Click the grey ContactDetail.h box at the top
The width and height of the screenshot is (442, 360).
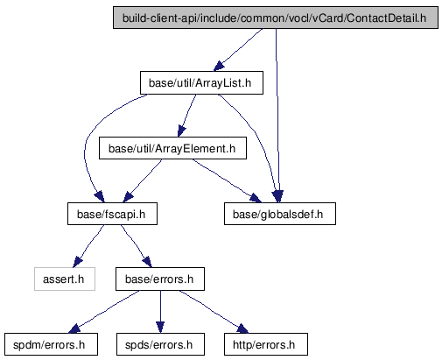pyautogui.click(x=276, y=18)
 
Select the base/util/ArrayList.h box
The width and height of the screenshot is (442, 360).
pyautogui.click(x=201, y=83)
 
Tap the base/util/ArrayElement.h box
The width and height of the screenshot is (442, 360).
pyautogui.click(x=172, y=148)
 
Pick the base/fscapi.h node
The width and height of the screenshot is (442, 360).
pyautogui.click(x=112, y=214)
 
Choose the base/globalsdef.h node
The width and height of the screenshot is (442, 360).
pyautogui.click(x=280, y=214)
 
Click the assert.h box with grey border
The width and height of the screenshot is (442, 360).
pyautogui.click(x=65, y=279)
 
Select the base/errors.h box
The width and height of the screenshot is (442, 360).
pyautogui.click(x=160, y=279)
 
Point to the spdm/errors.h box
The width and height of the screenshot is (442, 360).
pyautogui.click(x=51, y=344)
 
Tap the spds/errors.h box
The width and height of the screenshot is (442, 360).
pyautogui.click(x=160, y=344)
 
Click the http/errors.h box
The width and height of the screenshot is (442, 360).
pyautogui.click(x=266, y=344)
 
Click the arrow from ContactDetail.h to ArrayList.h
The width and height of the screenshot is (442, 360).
pyautogui.click(x=237, y=50)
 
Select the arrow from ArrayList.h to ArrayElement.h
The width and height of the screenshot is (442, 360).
pyautogui.click(x=186, y=116)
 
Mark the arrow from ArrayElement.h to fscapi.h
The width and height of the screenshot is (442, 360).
pyautogui.click(x=143, y=180)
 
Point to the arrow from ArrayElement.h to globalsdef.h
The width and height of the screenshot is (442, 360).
pyautogui.click(x=227, y=180)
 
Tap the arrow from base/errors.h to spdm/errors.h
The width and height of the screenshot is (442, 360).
pyautogui.click(x=103, y=312)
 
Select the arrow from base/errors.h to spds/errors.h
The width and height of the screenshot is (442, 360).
pyautogui.click(x=160, y=312)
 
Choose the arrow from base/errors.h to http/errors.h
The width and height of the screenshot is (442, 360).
pyautogui.click(x=214, y=312)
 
